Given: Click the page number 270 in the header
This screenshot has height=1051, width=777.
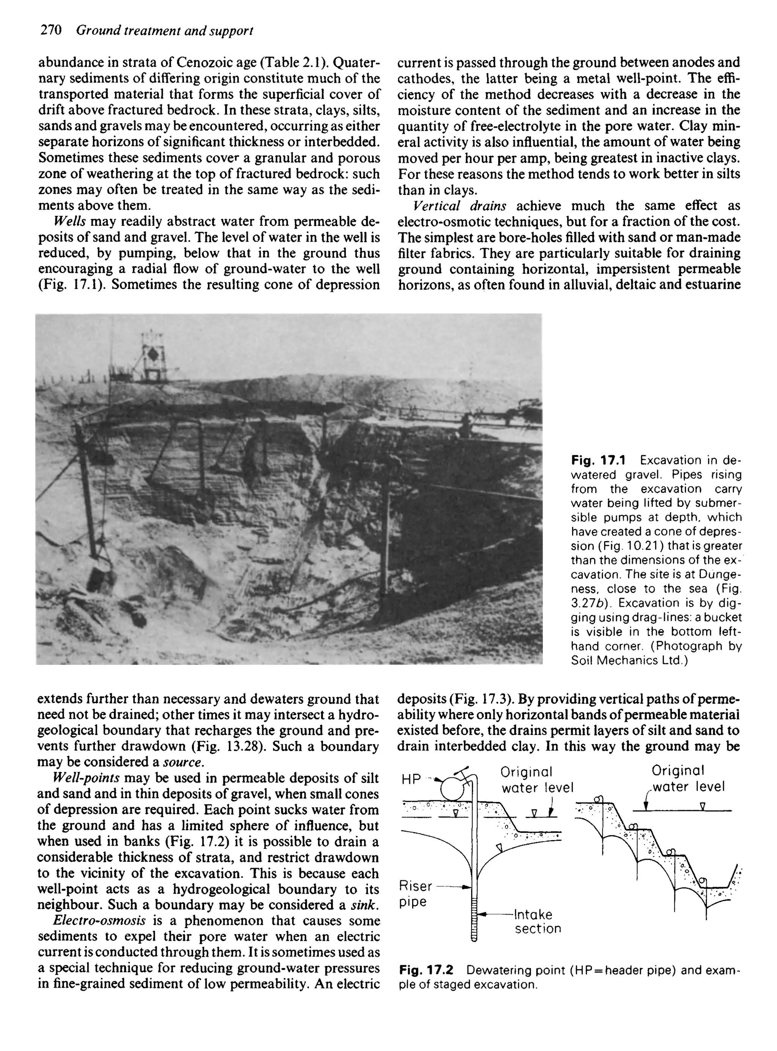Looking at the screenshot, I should (51, 31).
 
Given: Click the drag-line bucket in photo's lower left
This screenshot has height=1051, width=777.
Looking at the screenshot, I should (100, 577).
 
